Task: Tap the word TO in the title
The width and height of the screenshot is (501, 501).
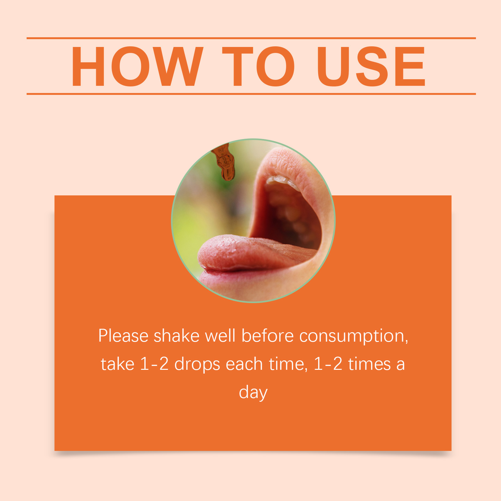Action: pyautogui.click(x=259, y=66)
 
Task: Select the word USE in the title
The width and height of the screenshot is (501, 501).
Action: pyautogui.click(x=371, y=66)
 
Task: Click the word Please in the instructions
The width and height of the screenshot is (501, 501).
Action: pyautogui.click(x=123, y=336)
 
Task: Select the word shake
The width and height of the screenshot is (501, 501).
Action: pyautogui.click(x=177, y=336)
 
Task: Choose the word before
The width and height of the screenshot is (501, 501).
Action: pyautogui.click(x=267, y=336)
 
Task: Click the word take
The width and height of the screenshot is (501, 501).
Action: pyautogui.click(x=117, y=364)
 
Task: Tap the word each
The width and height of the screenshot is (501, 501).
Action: pyautogui.click(x=244, y=364)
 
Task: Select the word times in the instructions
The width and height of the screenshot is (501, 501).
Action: pyautogui.click(x=369, y=364)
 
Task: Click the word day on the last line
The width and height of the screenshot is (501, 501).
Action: pyautogui.click(x=253, y=393)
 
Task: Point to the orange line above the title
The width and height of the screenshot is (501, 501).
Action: pyautogui.click(x=251, y=38)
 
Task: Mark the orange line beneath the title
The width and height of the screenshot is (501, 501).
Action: pyautogui.click(x=251, y=94)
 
